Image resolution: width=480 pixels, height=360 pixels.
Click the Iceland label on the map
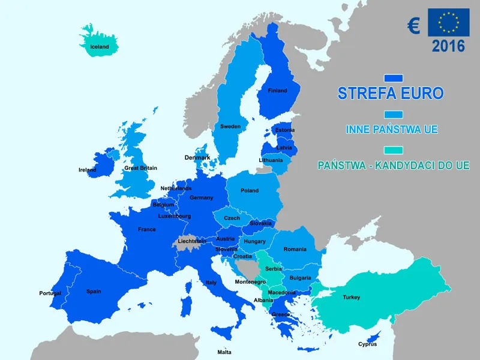pyautogui.click(x=100, y=47)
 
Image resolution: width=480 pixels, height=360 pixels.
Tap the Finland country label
pyautogui.click(x=277, y=91)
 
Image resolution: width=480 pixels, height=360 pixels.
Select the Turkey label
pyautogui.click(x=352, y=298)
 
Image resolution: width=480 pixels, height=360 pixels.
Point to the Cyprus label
pyautogui.click(x=367, y=344)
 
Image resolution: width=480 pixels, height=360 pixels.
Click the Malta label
pyautogui.click(x=224, y=352)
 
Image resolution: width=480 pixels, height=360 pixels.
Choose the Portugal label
pyautogui.click(x=50, y=293)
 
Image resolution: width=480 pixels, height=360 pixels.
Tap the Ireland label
pyautogui.click(x=88, y=170)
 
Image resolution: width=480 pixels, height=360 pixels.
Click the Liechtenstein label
pyautogui.click(x=192, y=241)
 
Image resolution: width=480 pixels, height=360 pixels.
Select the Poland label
pyautogui.click(x=250, y=191)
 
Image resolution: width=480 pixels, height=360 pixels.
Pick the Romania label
pyautogui.click(x=295, y=249)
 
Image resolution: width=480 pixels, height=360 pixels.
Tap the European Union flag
pyautogui.click(x=448, y=23)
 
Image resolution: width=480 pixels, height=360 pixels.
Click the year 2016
pyautogui.click(x=448, y=46)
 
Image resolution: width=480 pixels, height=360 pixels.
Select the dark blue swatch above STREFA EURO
pyautogui.click(x=393, y=78)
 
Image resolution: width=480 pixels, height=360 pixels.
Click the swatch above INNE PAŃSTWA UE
pyautogui.click(x=393, y=114)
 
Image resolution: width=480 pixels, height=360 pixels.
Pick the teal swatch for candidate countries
pyautogui.click(x=393, y=150)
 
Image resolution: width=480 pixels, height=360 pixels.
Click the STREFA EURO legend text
pyautogui.click(x=391, y=94)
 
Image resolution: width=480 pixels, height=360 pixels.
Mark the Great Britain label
pyautogui.click(x=140, y=168)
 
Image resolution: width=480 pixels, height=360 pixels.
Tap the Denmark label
pyautogui.click(x=197, y=158)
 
